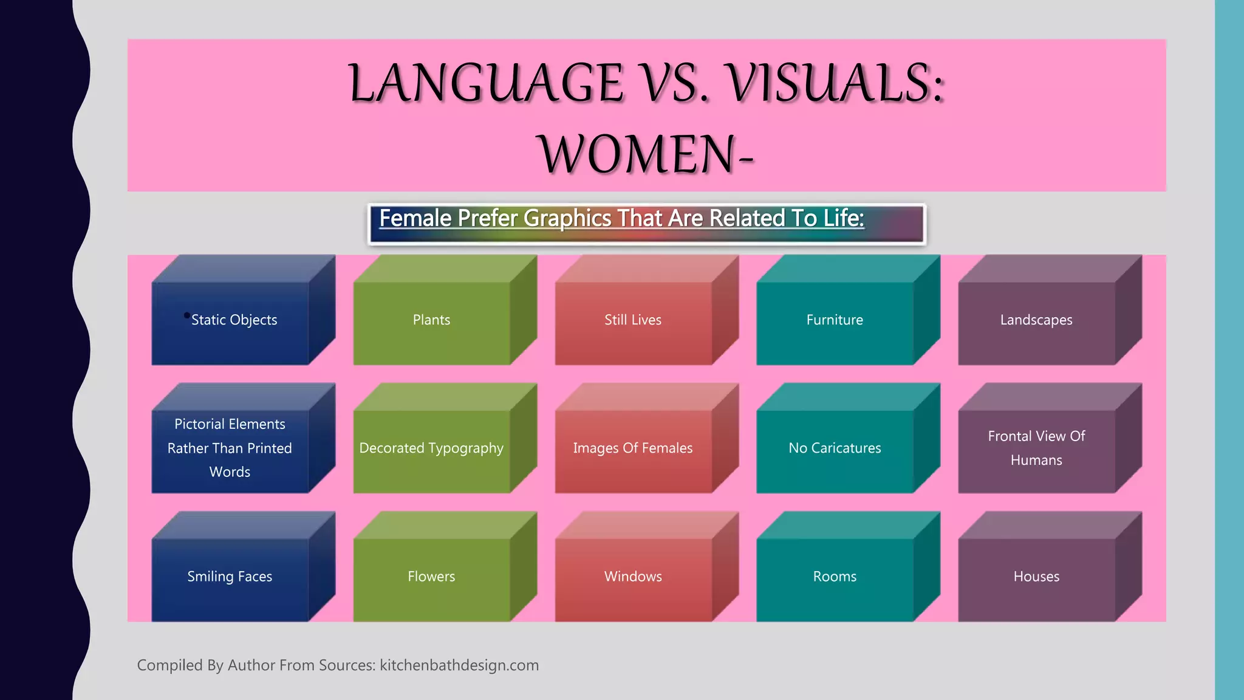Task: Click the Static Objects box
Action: point(234,320)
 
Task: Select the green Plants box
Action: point(431,320)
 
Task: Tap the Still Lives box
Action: point(633,320)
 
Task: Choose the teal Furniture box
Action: point(835,320)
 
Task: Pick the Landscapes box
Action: point(1036,320)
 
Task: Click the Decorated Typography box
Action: point(431,448)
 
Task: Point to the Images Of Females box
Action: point(633,448)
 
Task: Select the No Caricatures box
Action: point(835,448)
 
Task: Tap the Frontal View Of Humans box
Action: point(1036,448)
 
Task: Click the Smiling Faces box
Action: point(230,577)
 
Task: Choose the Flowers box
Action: point(431,577)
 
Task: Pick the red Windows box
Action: point(633,577)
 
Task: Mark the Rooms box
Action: point(835,577)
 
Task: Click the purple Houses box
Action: point(1036,577)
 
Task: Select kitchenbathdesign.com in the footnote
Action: point(459,665)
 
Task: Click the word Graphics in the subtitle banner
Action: point(567,219)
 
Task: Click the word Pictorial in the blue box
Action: point(202,424)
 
